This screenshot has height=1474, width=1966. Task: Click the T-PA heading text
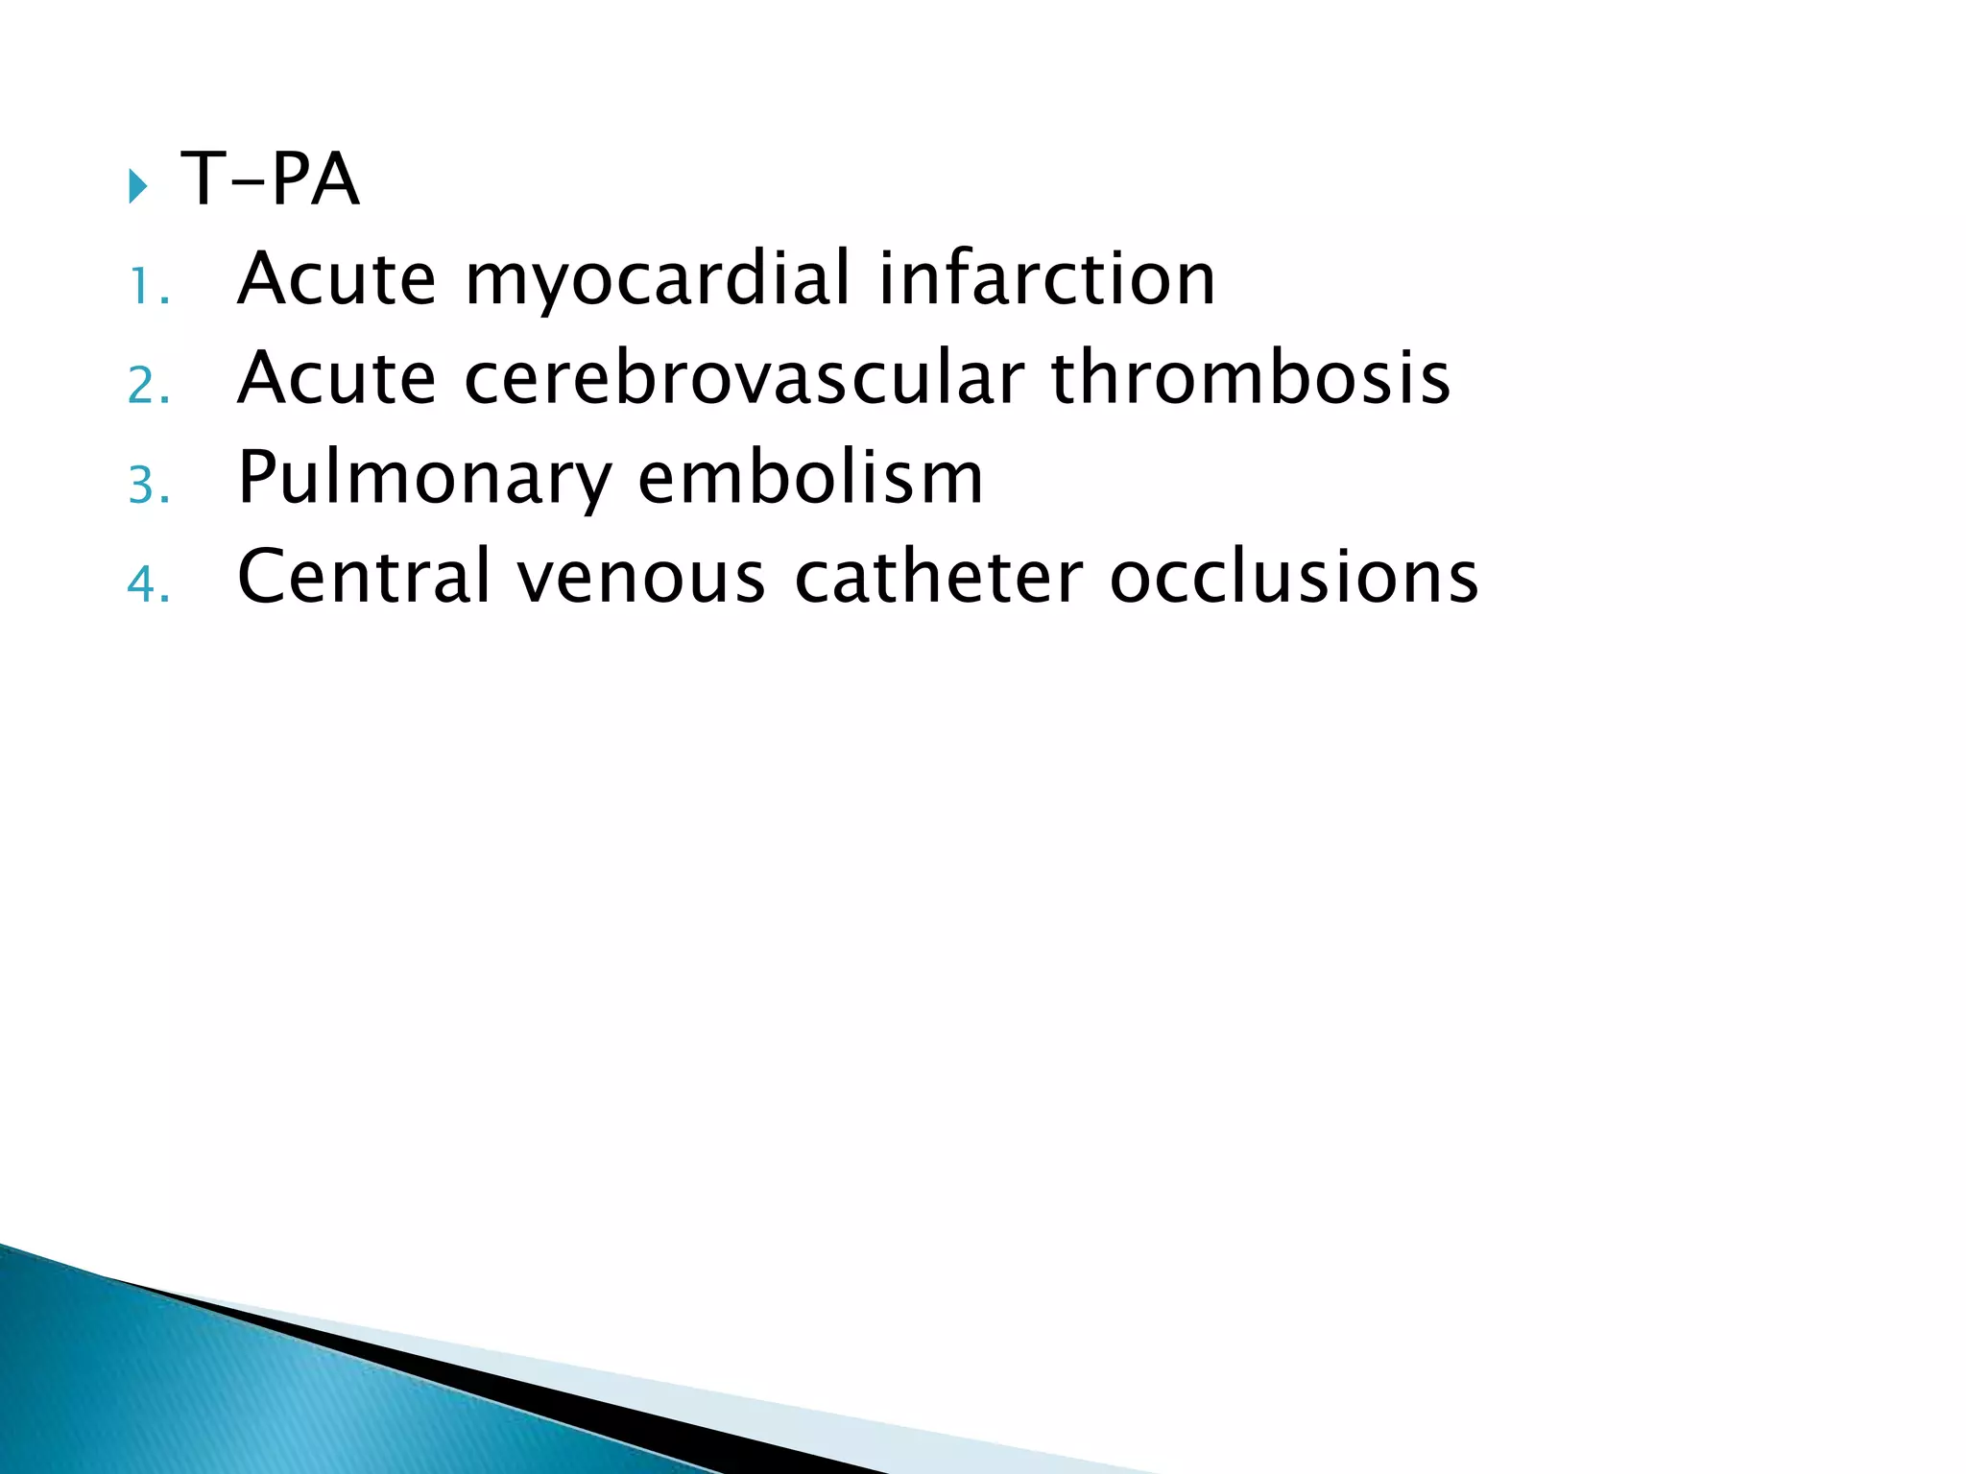point(270,179)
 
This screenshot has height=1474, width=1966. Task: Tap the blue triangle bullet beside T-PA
point(137,185)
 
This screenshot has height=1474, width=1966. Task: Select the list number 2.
point(148,387)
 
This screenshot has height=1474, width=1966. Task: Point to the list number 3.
point(148,486)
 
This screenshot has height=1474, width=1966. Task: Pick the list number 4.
point(148,584)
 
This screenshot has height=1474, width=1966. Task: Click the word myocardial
point(658,280)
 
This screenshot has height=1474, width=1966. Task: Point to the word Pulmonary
point(423,480)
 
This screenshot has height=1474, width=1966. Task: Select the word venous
point(641,579)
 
